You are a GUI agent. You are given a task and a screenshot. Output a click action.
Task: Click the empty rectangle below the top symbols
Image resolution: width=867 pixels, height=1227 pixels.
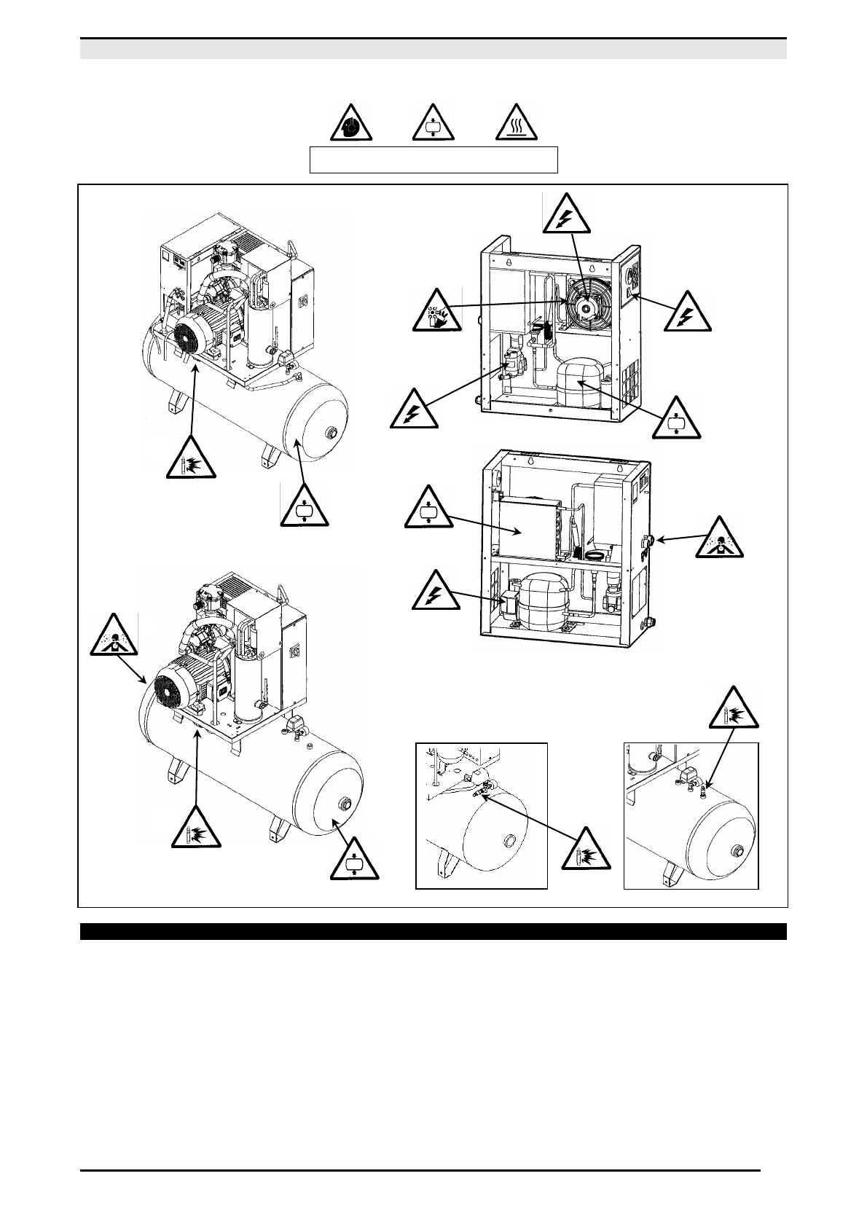pos(433,160)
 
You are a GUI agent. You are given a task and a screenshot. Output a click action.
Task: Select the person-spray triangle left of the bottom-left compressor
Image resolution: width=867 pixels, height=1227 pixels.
pos(114,637)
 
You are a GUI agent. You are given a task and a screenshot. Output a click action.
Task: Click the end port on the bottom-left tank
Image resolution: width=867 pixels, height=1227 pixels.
pos(344,805)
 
